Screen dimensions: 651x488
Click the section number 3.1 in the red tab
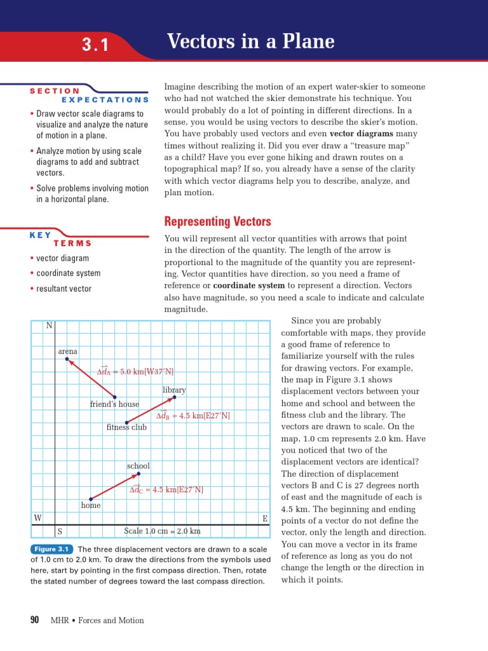(x=95, y=45)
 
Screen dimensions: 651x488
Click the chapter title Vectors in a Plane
(x=250, y=42)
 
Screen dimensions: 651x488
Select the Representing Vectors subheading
(x=217, y=221)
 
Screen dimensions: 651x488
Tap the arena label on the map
(x=68, y=351)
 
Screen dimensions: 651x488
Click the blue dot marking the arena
(x=67, y=360)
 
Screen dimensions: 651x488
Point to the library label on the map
(x=174, y=390)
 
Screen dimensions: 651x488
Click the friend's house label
(x=114, y=404)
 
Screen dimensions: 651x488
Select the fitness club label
(x=126, y=427)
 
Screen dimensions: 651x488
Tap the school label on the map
(x=138, y=466)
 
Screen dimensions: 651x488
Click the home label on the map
(x=91, y=505)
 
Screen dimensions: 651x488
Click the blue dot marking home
(x=91, y=498)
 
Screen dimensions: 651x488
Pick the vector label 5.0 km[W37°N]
(x=135, y=371)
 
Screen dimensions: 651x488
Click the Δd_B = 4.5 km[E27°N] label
(x=193, y=416)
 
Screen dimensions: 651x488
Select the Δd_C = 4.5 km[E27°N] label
(x=166, y=490)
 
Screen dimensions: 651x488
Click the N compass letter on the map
(x=49, y=326)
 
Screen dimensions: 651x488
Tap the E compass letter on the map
(x=265, y=519)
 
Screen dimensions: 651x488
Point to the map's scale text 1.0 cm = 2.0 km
(x=162, y=531)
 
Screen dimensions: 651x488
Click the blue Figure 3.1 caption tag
(x=52, y=549)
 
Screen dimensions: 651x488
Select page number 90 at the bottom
(x=35, y=620)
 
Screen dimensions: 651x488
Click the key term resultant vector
(x=64, y=289)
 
